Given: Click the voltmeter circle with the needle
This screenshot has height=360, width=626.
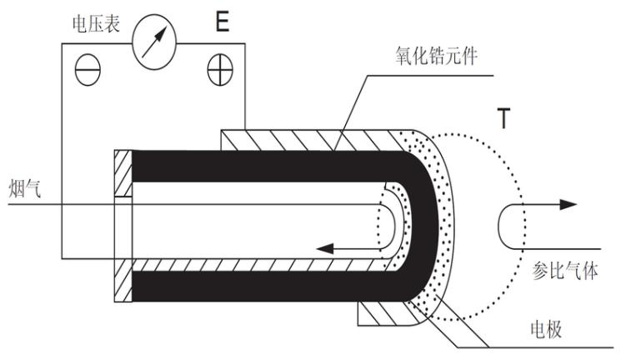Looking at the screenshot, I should [154, 39].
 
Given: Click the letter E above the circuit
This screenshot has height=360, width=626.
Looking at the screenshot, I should [222, 21].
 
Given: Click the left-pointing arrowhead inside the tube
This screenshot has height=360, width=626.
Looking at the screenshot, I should [324, 247].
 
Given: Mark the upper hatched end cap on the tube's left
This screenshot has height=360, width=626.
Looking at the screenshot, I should [123, 173].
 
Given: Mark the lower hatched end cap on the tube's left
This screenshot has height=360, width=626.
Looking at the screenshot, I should [123, 283].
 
